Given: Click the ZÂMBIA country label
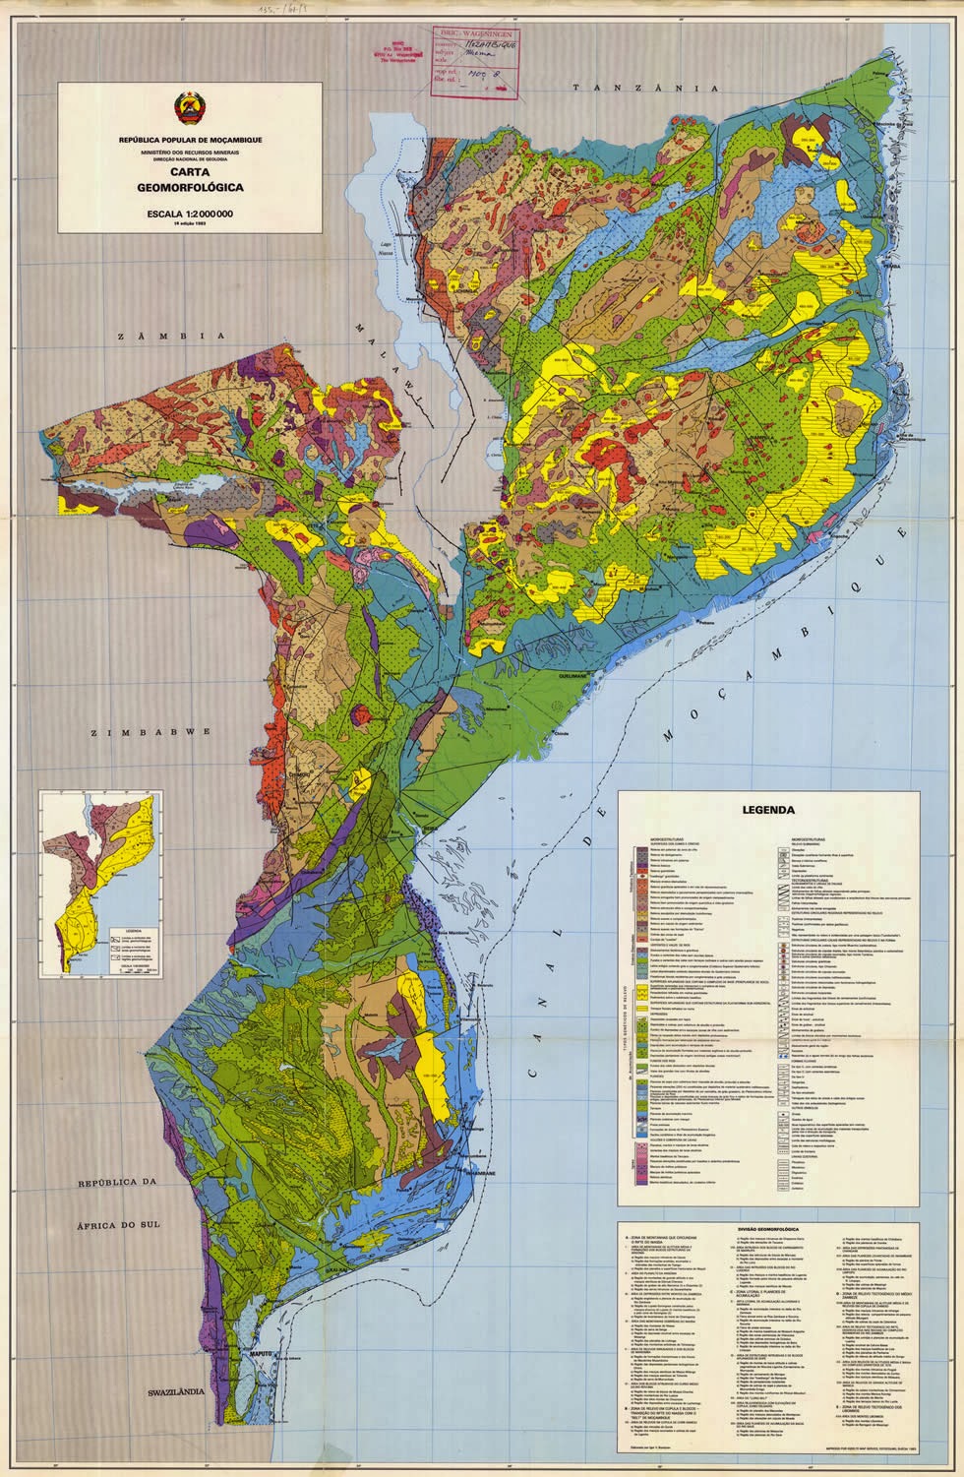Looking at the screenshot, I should pyautogui.click(x=163, y=337).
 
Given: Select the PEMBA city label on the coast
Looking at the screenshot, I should pyautogui.click(x=891, y=266).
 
